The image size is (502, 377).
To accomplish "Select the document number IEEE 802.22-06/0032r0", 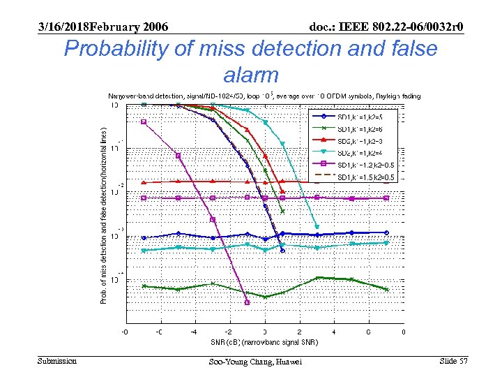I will (x=386, y=27).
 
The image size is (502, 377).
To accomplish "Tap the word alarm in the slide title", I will (x=251, y=74).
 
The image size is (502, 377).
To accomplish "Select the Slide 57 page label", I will (x=453, y=360).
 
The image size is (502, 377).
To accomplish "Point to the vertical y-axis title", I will (x=103, y=216).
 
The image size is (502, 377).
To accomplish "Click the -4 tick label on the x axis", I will (x=195, y=332).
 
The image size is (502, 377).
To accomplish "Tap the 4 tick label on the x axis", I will (x=334, y=332).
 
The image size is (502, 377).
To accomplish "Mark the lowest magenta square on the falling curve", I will (x=248, y=302).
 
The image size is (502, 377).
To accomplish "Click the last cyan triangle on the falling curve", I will (x=317, y=227).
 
